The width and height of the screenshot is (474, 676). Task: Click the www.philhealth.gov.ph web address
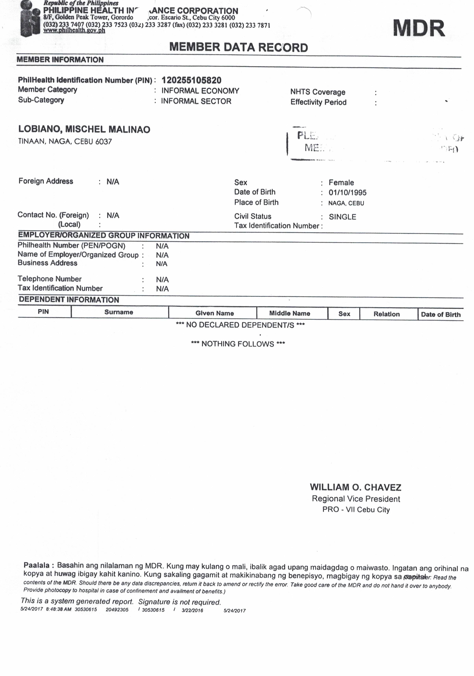(74, 30)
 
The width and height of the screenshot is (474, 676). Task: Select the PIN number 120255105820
(191, 80)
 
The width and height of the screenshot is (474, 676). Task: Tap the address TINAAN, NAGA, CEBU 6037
(65, 141)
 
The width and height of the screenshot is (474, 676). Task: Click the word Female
(341, 183)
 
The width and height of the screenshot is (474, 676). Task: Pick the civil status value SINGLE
(342, 217)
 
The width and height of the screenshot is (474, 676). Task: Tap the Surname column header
(119, 312)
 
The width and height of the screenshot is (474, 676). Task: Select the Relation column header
(386, 314)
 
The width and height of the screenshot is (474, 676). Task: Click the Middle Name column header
(290, 313)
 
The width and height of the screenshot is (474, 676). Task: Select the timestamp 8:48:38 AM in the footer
(59, 609)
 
